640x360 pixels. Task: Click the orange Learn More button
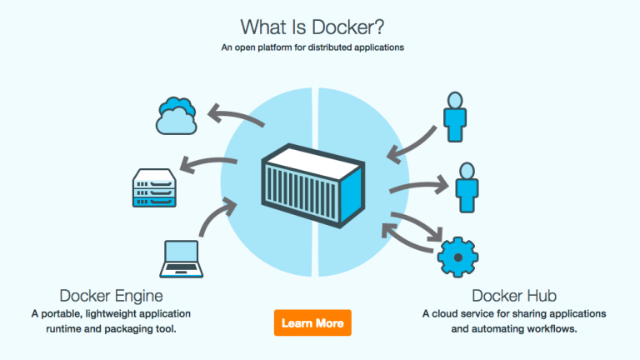(312, 322)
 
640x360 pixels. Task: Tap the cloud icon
(177, 117)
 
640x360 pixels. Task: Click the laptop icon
(182, 257)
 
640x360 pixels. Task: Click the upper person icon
(455, 117)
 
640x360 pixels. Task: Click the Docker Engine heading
(111, 296)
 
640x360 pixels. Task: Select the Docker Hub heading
(514, 296)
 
